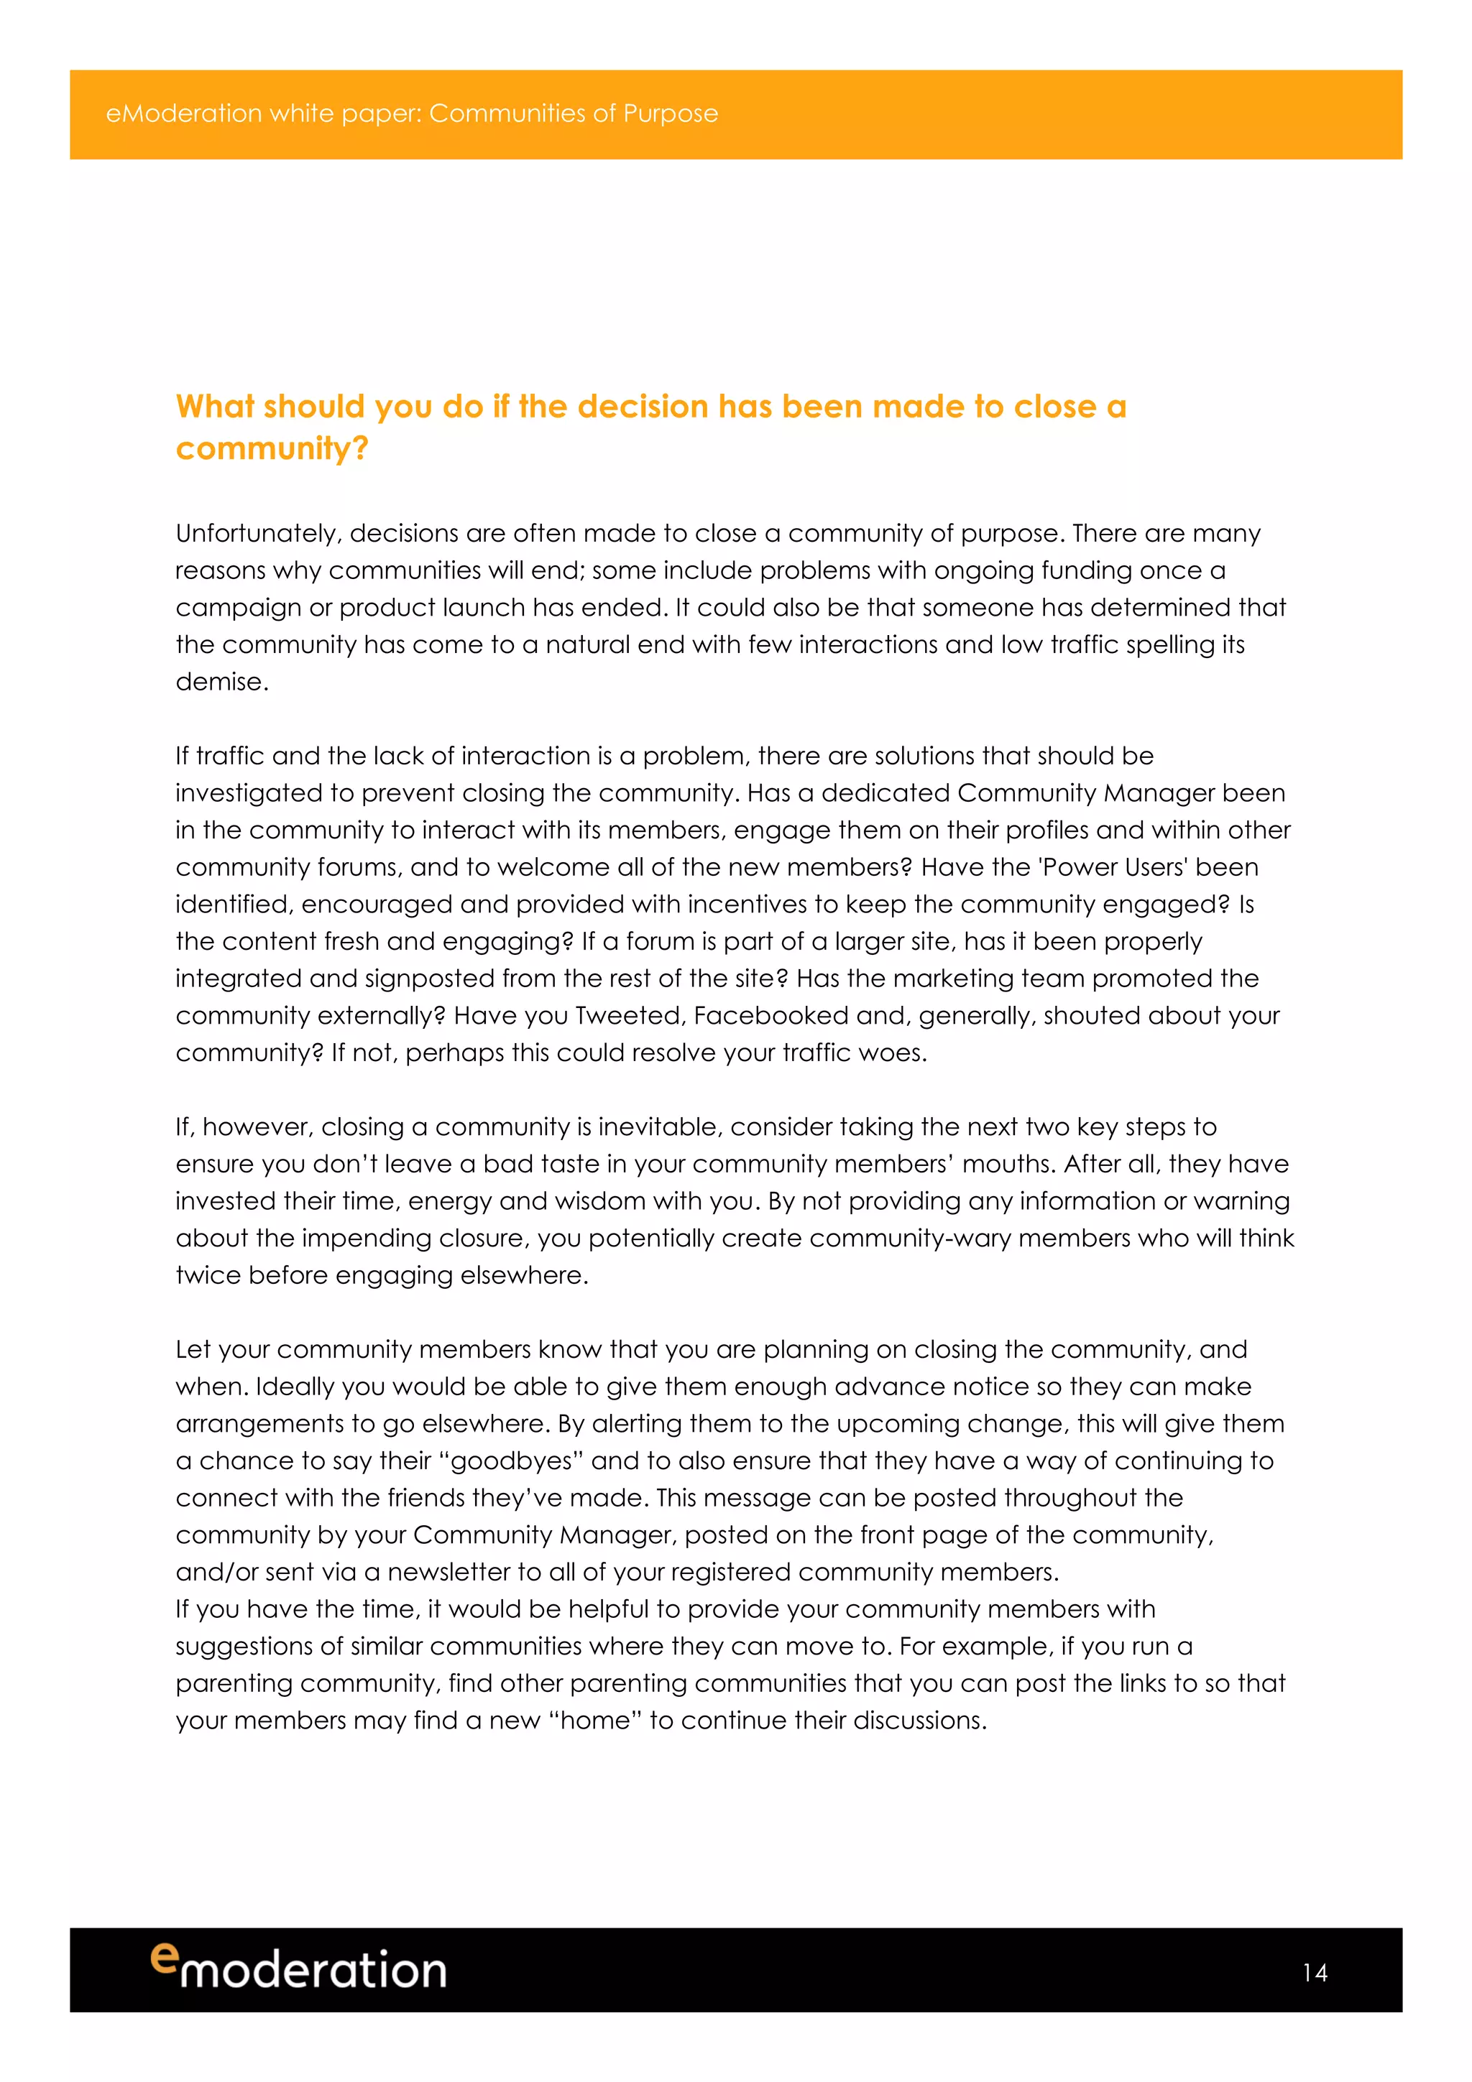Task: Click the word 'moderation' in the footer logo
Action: coord(313,1971)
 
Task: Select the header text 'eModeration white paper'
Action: coord(262,114)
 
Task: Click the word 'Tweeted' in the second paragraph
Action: coord(630,1016)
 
